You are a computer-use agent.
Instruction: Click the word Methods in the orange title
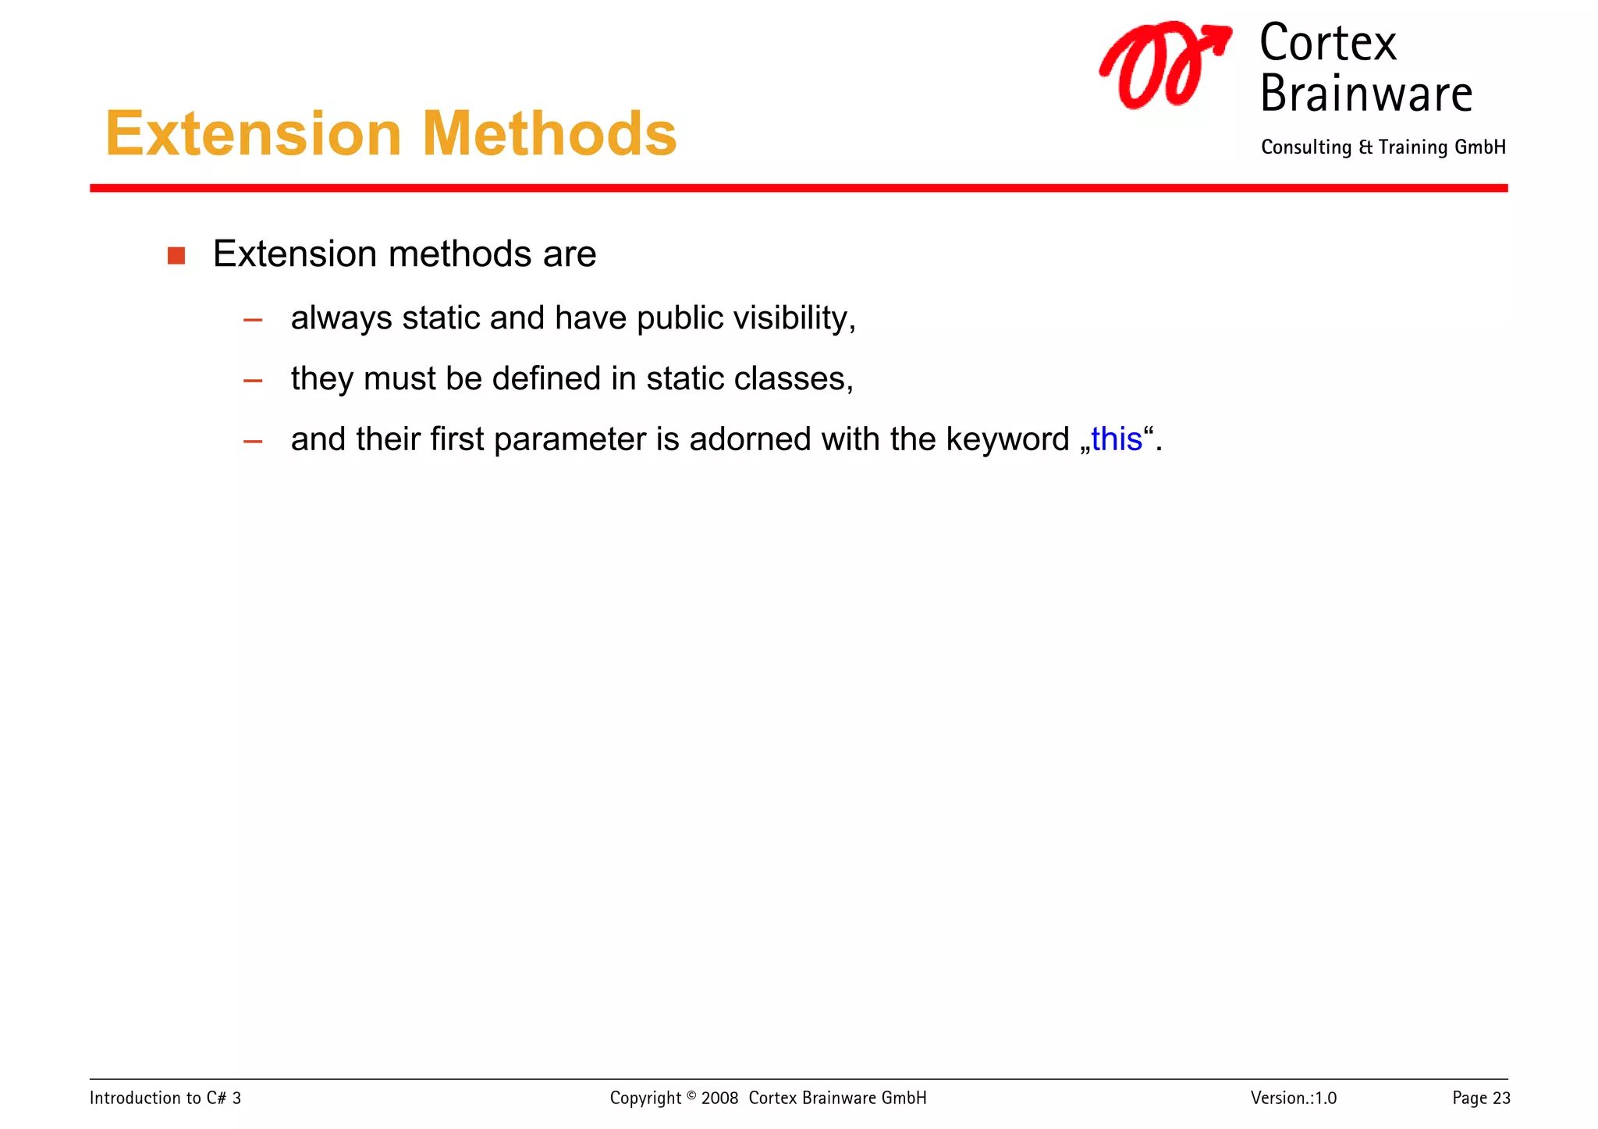point(549,134)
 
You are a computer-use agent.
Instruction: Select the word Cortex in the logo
point(1327,44)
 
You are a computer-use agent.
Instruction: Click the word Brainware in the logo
point(1365,94)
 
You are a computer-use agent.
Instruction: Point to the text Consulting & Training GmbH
point(1383,147)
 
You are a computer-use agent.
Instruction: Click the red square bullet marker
point(176,256)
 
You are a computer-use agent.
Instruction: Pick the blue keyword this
point(1117,439)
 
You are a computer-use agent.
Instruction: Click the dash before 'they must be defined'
point(253,381)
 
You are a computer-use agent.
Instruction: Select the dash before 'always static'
point(253,320)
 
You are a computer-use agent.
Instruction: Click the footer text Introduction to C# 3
point(165,1098)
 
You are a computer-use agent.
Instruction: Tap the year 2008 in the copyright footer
point(719,1098)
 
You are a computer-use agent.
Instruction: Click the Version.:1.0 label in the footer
point(1293,1098)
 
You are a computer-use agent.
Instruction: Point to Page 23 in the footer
point(1480,1098)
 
